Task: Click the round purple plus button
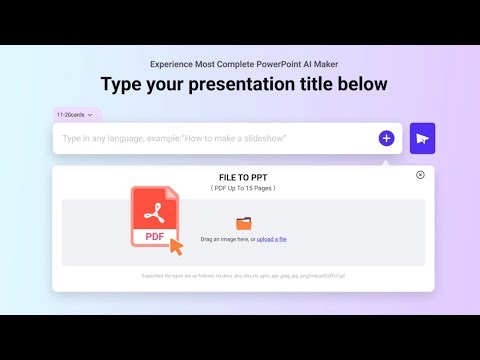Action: coord(386,138)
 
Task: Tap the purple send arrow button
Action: coord(422,138)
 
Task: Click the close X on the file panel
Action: coord(420,175)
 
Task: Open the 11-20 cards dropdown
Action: coord(76,115)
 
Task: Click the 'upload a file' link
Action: coord(272,239)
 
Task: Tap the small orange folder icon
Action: coord(244,224)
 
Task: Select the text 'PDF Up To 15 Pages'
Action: coord(243,188)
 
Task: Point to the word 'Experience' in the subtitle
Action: coord(173,64)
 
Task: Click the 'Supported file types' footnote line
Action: coord(243,275)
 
